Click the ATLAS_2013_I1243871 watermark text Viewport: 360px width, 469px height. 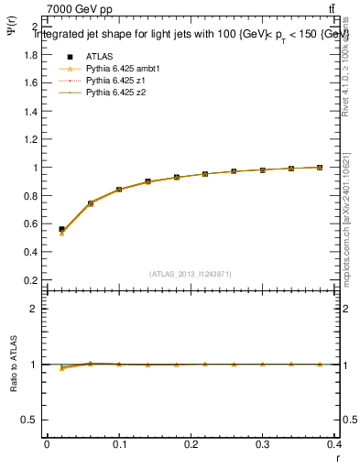point(191,273)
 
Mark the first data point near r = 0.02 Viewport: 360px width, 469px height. point(61,230)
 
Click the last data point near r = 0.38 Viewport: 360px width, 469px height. point(319,167)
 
